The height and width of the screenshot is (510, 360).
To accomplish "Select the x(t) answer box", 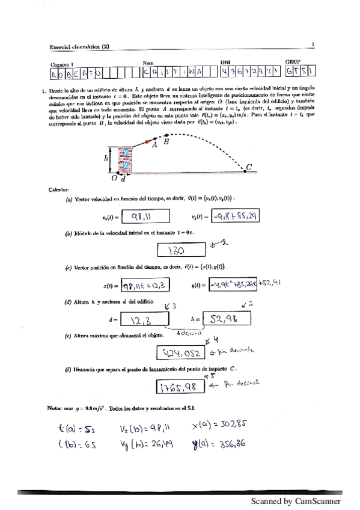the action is tap(145, 285).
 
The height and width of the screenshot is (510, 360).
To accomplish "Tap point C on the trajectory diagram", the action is tap(248, 167).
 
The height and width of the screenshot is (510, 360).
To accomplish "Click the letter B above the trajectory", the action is tap(166, 142).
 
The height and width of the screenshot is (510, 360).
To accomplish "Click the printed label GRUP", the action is tap(293, 61).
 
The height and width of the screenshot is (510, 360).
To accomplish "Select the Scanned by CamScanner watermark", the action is tap(296, 500).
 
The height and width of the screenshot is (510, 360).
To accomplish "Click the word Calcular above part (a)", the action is tap(59, 189).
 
